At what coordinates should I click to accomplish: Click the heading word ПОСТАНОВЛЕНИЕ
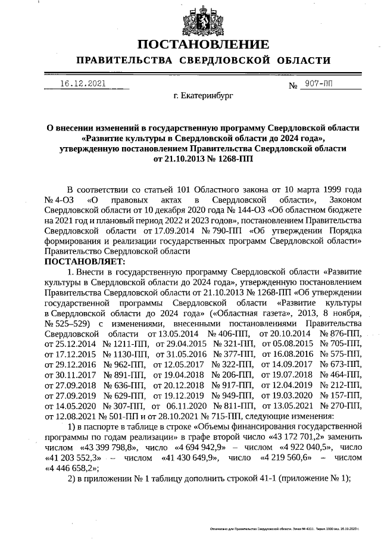[203, 45]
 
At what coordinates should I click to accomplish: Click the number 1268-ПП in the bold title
[226, 160]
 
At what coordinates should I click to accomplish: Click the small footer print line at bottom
[286, 528]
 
